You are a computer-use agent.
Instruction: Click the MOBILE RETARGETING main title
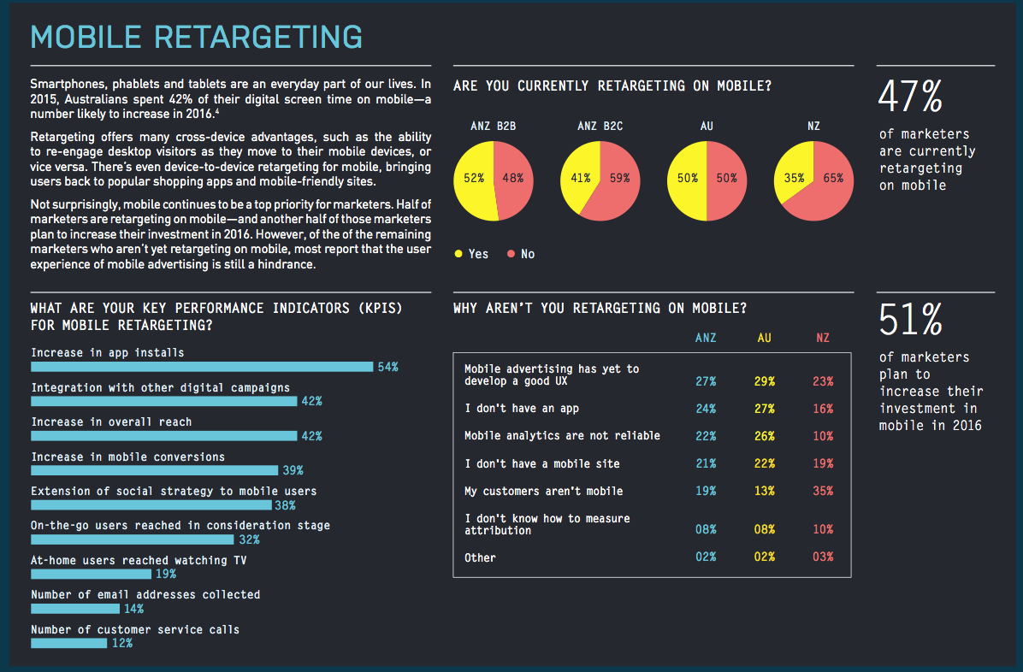(197, 37)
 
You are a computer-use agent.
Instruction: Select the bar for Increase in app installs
(202, 367)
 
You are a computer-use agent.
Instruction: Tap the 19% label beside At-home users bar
(166, 575)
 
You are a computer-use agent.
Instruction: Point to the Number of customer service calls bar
(68, 643)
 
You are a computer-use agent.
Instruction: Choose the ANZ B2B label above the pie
(494, 126)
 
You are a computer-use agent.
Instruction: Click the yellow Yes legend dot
(458, 254)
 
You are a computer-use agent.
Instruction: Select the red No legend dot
(511, 254)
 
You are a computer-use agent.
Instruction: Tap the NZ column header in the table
(823, 338)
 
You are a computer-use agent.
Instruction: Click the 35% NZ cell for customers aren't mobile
(823, 492)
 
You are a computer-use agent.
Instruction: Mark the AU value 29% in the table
(764, 381)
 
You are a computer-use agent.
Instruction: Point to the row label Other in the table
(480, 557)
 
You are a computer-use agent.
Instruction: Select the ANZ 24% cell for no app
(706, 409)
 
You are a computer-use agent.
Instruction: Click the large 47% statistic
(910, 97)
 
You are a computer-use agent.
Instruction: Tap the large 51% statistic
(911, 320)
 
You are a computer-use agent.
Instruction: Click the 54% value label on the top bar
(387, 368)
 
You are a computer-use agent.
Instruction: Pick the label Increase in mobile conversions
(128, 457)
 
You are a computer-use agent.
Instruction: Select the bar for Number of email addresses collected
(75, 609)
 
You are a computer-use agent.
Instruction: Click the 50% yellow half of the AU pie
(686, 180)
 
